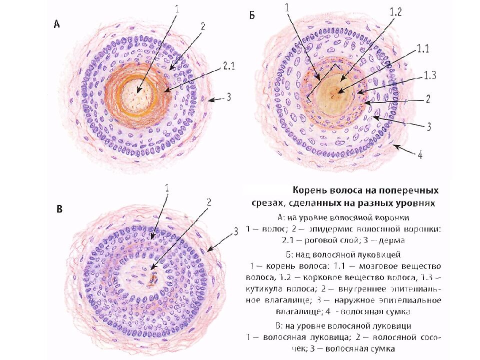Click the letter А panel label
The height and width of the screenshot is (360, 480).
click(57, 24)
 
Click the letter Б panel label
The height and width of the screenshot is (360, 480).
click(252, 16)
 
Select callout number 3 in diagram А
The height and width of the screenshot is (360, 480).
click(228, 97)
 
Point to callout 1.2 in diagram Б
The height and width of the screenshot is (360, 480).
click(395, 13)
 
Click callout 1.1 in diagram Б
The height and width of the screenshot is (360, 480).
click(422, 47)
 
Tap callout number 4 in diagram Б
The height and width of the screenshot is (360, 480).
click(420, 155)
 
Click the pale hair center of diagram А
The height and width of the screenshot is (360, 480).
click(136, 94)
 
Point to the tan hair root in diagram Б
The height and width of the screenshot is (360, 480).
click(334, 92)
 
